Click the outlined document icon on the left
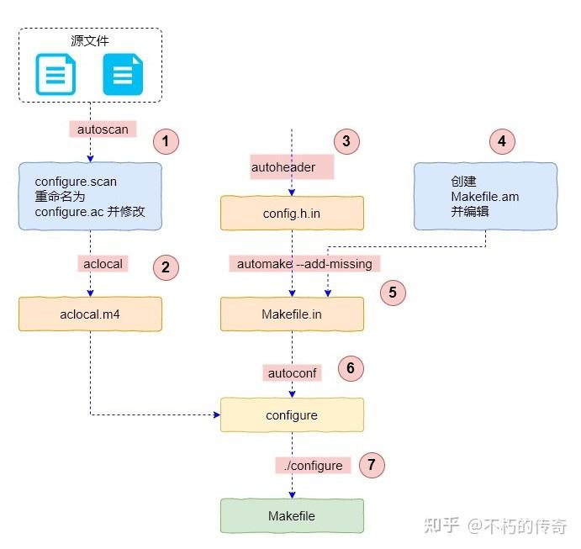[55, 75]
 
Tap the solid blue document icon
[123, 75]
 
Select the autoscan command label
[102, 129]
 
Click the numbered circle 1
[166, 141]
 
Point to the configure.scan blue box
[89, 197]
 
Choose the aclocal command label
[103, 263]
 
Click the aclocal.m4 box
[89, 314]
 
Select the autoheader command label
[283, 166]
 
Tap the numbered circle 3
[346, 141]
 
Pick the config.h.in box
[292, 214]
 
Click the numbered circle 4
[502, 141]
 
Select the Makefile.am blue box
[484, 197]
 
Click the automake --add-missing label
[304, 263]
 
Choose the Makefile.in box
[292, 314]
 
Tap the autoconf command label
[292, 372]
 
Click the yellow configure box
[292, 415]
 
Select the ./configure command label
[312, 465]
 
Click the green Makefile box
[292, 515]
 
